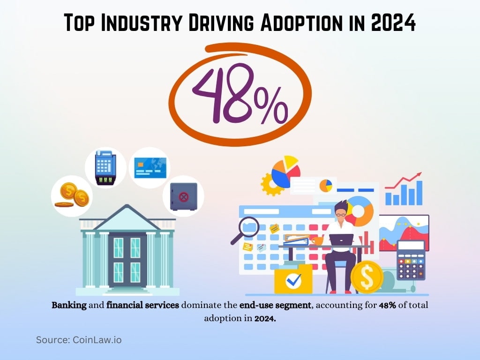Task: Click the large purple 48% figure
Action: click(x=240, y=94)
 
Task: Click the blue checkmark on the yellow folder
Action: click(x=293, y=280)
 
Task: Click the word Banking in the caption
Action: click(x=69, y=305)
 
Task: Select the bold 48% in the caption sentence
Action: click(x=387, y=305)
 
